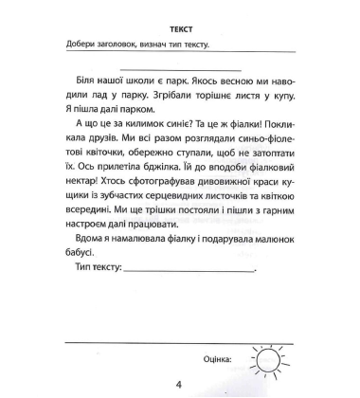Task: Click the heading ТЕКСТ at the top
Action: [179, 29]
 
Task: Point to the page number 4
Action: [179, 386]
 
